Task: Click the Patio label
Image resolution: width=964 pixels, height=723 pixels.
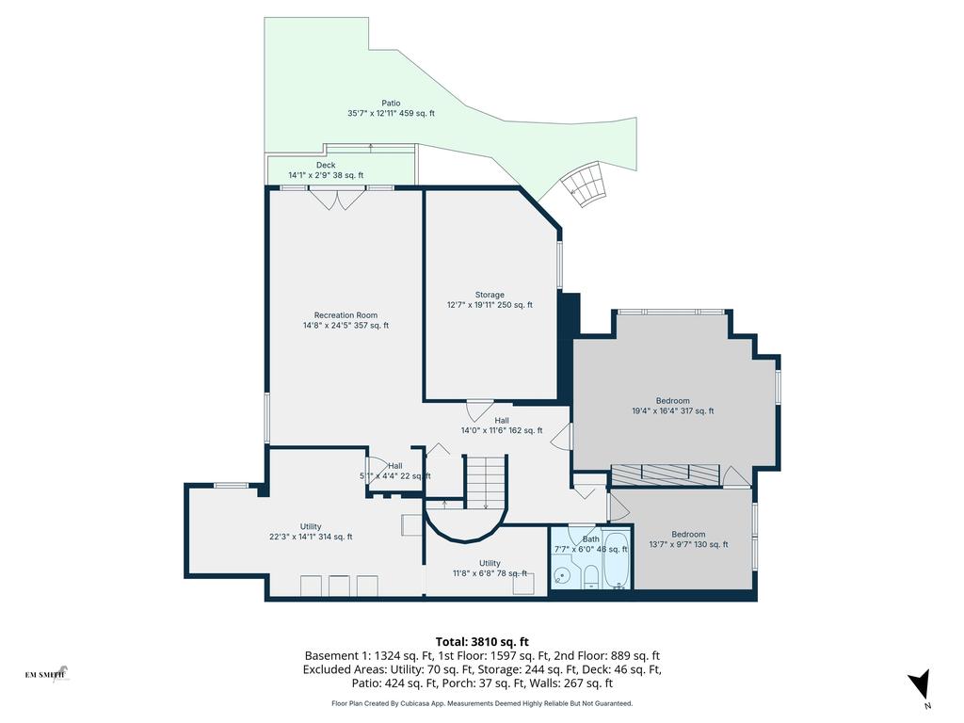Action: coord(391,103)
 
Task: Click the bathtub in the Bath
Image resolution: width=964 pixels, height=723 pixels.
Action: coord(617,560)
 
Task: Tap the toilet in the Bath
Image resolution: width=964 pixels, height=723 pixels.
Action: coord(591,576)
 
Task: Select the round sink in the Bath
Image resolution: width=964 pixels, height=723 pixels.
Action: coord(562,573)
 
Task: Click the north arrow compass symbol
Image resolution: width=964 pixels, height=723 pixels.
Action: coord(920,684)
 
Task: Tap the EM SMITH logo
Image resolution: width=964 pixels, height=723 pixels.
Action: coord(46,673)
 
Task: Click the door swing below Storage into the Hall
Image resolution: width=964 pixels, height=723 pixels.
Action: coord(477,411)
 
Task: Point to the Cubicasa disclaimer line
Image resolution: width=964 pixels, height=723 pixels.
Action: coord(482,703)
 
